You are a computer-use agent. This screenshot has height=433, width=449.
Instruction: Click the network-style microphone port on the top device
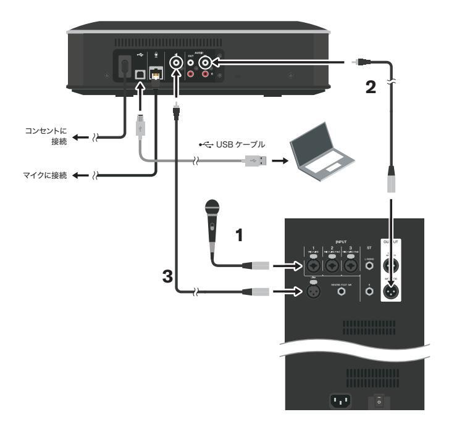coord(155,73)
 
